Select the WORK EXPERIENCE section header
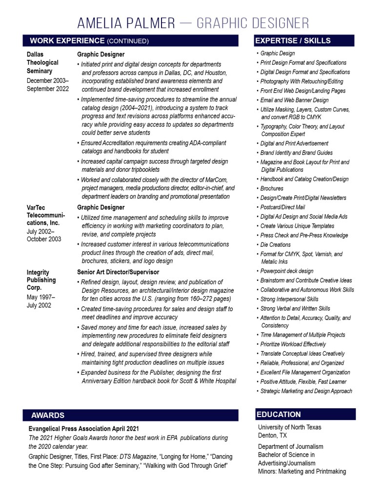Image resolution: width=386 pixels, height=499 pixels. click(x=89, y=41)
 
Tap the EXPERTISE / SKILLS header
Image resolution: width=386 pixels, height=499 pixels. click(x=293, y=41)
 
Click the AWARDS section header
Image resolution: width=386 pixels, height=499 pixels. click(x=48, y=415)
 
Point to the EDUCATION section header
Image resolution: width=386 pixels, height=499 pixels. click(x=279, y=415)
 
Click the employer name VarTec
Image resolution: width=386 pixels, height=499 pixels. click(x=37, y=207)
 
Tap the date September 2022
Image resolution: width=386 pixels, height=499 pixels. click(x=48, y=89)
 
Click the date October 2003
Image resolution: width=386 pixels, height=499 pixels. click(x=44, y=239)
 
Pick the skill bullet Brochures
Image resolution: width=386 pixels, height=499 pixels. click(x=272, y=189)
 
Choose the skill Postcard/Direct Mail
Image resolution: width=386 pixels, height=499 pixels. click(x=283, y=207)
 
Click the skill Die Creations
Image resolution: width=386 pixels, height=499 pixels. click(x=275, y=245)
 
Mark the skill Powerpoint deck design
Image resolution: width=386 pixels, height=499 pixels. click(x=287, y=271)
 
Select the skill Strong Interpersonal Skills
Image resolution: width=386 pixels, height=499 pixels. click(x=289, y=299)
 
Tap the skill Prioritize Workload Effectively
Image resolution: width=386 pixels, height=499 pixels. click(x=293, y=344)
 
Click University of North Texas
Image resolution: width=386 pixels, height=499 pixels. click(x=290, y=427)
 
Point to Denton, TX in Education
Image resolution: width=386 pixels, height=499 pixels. click(x=272, y=435)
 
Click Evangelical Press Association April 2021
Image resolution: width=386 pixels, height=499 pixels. click(x=83, y=429)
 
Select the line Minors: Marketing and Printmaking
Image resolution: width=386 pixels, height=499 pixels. click(x=302, y=471)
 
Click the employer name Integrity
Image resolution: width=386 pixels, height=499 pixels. click(x=39, y=272)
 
